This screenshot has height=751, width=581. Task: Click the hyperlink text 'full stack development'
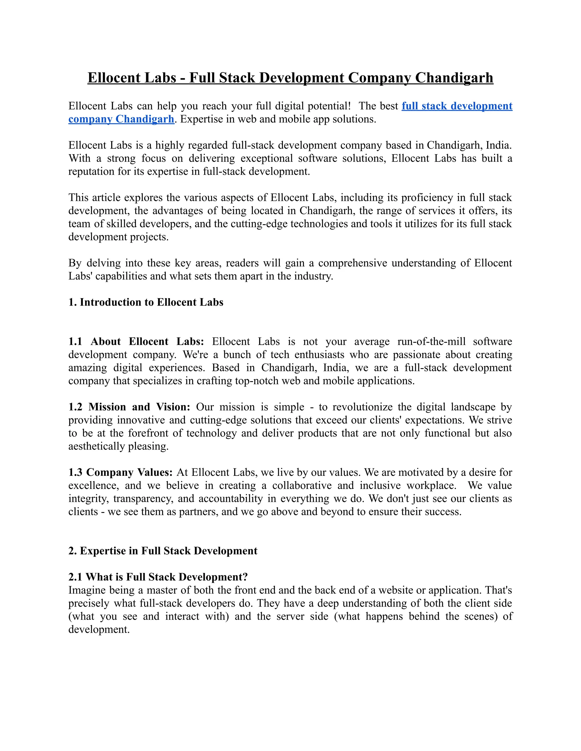[457, 106]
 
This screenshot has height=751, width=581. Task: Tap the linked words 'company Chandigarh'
[121, 119]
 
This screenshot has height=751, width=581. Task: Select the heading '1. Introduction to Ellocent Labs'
[146, 302]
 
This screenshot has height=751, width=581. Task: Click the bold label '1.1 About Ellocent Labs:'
[136, 341]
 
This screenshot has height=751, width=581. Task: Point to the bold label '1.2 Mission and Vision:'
[129, 407]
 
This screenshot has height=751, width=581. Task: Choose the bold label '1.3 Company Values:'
[120, 472]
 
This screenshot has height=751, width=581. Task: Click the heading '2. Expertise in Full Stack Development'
[163, 551]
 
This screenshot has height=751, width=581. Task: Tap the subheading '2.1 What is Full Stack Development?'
[158, 577]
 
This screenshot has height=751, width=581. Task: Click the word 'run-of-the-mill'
[431, 341]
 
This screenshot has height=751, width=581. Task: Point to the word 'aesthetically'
[97, 446]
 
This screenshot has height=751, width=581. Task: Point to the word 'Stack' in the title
[237, 78]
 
